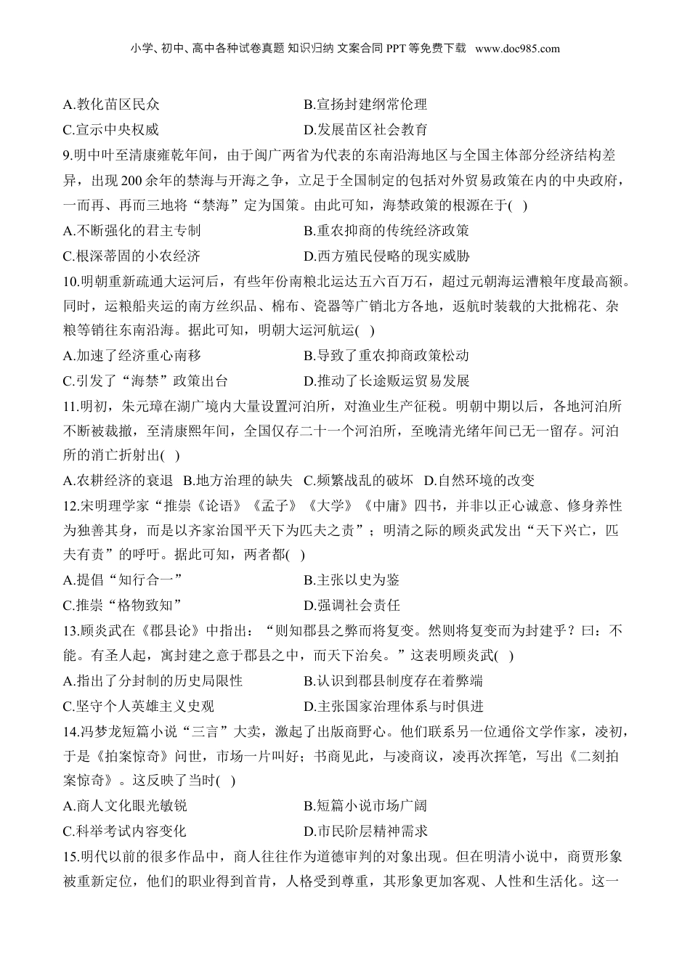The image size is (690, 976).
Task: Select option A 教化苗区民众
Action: pos(111,105)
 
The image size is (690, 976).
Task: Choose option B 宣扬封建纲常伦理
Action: pos(365,105)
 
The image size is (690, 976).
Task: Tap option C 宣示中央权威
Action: pos(111,130)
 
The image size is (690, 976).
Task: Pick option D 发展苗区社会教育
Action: pos(365,130)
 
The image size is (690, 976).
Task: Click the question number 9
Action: pos(67,155)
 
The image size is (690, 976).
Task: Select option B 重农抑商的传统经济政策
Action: pos(386,231)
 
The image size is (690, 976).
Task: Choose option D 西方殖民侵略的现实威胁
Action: pos(386,256)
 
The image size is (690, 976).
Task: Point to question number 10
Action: pos(70,280)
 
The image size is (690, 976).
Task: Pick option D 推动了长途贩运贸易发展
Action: pos(386,381)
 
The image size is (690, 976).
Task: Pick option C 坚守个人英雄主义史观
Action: pos(139,706)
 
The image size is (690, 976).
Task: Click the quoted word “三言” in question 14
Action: pos(222,731)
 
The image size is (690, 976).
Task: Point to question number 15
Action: pos(70,856)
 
